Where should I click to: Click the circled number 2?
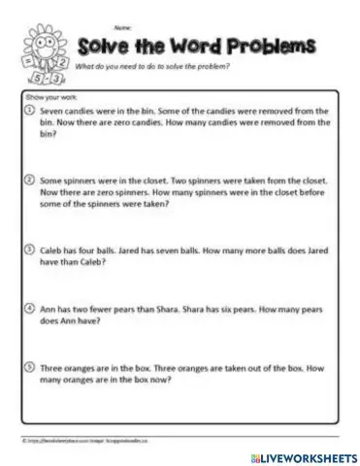pyautogui.click(x=30, y=180)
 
